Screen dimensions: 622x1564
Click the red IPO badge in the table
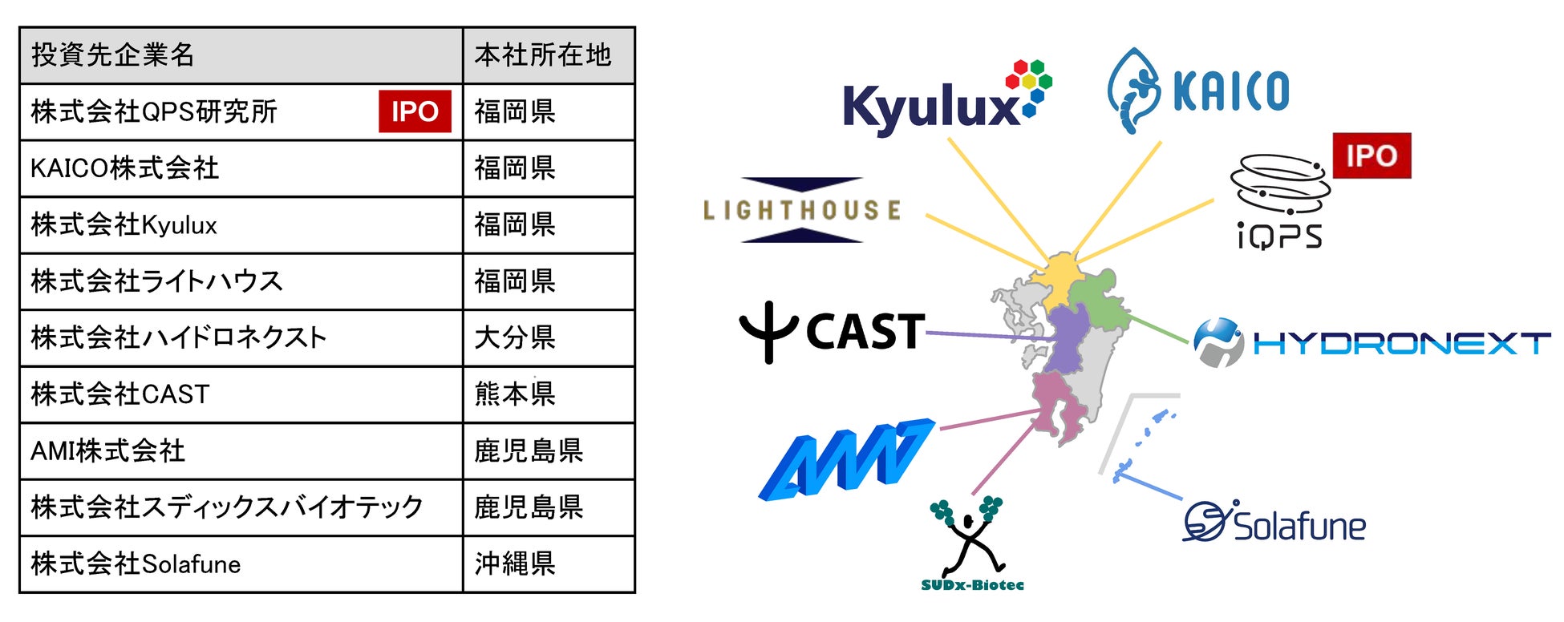415,111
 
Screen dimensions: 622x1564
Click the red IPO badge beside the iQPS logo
1372,155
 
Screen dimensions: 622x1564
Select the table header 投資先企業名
113,55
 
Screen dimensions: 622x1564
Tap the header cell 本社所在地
542,55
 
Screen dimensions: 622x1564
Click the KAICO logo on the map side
1198,90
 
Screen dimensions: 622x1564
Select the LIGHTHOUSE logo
802,210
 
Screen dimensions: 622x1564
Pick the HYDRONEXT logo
1372,343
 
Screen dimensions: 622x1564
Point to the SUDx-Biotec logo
971,545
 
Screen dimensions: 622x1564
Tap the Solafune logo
1275,523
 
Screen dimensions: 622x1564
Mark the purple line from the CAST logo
991,336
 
